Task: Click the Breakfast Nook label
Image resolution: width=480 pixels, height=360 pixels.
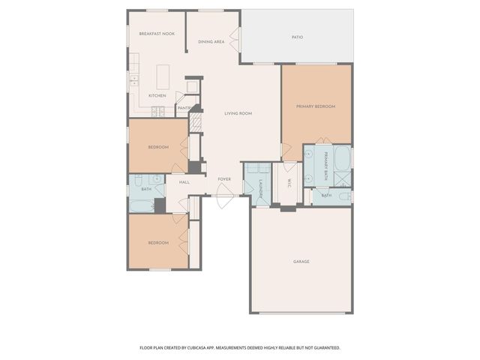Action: click(157, 34)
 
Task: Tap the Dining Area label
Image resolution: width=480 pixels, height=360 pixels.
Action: click(211, 42)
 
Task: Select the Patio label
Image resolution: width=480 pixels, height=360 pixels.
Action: click(297, 37)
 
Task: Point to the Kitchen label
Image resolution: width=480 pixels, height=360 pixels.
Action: click(157, 96)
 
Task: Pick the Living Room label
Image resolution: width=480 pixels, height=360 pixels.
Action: click(238, 113)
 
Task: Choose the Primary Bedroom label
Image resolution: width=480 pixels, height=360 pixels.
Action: click(316, 106)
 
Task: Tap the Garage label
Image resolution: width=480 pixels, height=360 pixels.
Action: click(301, 262)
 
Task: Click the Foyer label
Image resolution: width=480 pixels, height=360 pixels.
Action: click(223, 180)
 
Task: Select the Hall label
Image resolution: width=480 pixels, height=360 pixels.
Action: click(184, 182)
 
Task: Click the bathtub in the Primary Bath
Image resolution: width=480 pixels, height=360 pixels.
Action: click(342, 158)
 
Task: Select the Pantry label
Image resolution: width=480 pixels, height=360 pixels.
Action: click(184, 108)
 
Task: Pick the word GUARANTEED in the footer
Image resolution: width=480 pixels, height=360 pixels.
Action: click(322, 348)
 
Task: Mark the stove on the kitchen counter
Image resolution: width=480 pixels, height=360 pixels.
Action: click(158, 112)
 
